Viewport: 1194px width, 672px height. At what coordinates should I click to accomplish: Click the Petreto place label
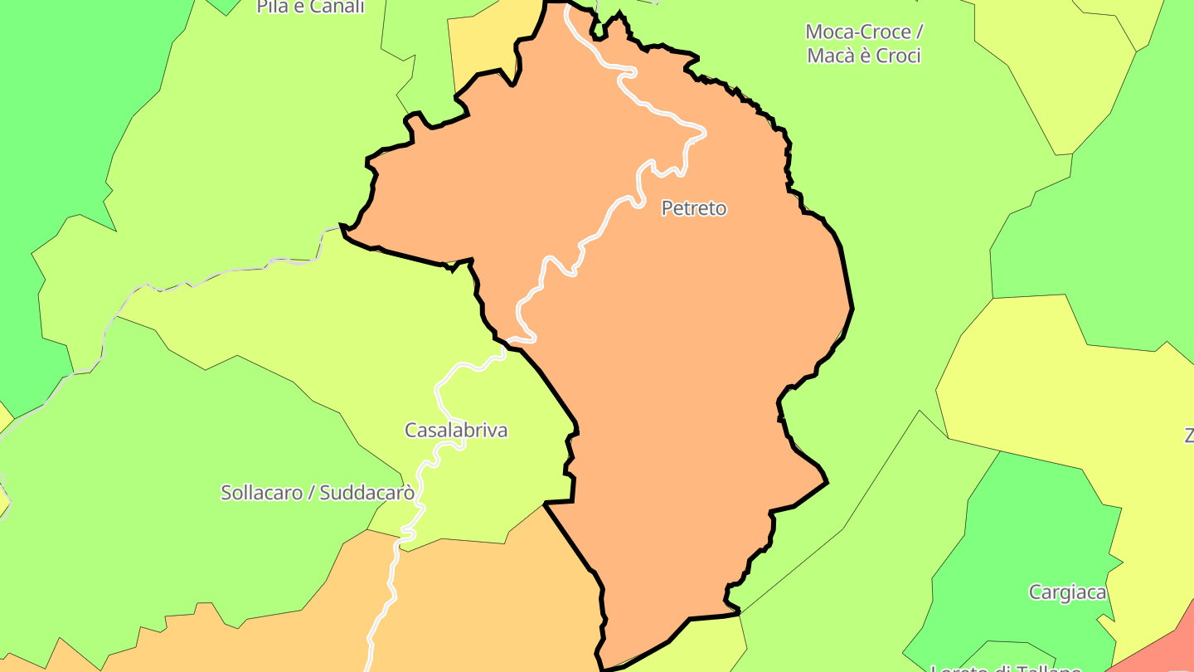pyautogui.click(x=693, y=208)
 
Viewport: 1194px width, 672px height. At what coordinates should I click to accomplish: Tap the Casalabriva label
pyautogui.click(x=455, y=430)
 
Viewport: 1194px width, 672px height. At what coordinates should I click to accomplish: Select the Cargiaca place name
pyautogui.click(x=1067, y=592)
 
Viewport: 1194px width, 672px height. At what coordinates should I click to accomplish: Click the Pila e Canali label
pyautogui.click(x=310, y=7)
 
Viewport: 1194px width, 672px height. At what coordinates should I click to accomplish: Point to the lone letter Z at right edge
pyautogui.click(x=1188, y=436)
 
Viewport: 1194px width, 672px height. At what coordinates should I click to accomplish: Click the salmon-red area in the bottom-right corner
pyautogui.click(x=1161, y=647)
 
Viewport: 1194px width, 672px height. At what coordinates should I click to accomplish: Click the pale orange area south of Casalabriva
pyautogui.click(x=481, y=597)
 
